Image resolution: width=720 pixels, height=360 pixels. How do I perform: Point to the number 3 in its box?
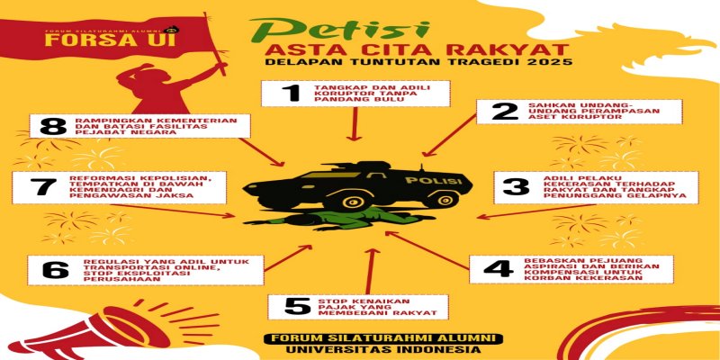(x=515, y=188)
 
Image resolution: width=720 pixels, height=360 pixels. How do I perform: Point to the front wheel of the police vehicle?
(x=434, y=200)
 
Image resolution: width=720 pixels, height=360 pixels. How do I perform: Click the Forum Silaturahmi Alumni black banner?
(x=380, y=337)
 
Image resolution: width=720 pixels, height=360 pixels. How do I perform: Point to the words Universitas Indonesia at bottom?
(x=380, y=350)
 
